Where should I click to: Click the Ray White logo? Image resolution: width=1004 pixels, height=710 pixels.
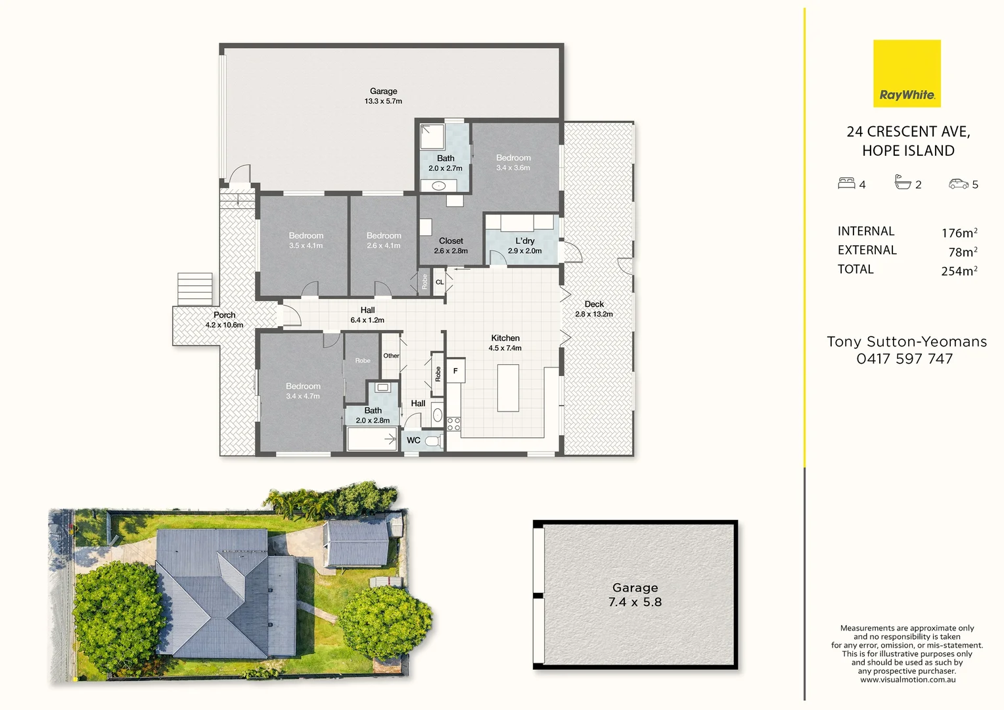tap(907, 74)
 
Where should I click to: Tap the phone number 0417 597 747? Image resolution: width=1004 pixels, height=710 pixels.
tap(904, 359)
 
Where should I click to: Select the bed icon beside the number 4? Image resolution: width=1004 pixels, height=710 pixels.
tap(846, 183)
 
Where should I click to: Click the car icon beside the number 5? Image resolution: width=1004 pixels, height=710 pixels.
tap(959, 184)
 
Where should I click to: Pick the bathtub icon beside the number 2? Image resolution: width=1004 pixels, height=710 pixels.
tap(903, 182)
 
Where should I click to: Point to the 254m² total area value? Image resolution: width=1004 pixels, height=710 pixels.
tap(959, 271)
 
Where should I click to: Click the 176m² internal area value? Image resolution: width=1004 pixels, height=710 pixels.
tap(959, 233)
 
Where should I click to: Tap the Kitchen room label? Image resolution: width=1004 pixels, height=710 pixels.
tap(505, 338)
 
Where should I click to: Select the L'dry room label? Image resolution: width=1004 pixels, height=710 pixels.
tap(524, 241)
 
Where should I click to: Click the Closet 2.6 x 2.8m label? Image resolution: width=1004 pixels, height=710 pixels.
tap(451, 246)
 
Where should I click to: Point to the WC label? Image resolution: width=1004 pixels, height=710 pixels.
tap(413, 440)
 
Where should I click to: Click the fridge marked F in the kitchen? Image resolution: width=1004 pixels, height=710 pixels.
tap(455, 371)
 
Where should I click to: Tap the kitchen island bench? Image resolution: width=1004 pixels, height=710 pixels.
tap(508, 388)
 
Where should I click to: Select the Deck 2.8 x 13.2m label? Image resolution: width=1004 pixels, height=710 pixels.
tap(594, 309)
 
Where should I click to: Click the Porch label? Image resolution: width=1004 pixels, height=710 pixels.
tap(224, 316)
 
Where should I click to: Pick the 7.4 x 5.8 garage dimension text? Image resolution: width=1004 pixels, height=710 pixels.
tap(635, 602)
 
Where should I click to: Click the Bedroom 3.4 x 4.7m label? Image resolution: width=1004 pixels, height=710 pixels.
tap(303, 391)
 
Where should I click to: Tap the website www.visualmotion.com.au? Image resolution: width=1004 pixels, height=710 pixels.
tap(907, 680)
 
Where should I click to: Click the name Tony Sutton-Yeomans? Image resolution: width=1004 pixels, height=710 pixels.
tap(906, 342)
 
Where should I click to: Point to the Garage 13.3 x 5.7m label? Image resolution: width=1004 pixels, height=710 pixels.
tap(383, 96)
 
